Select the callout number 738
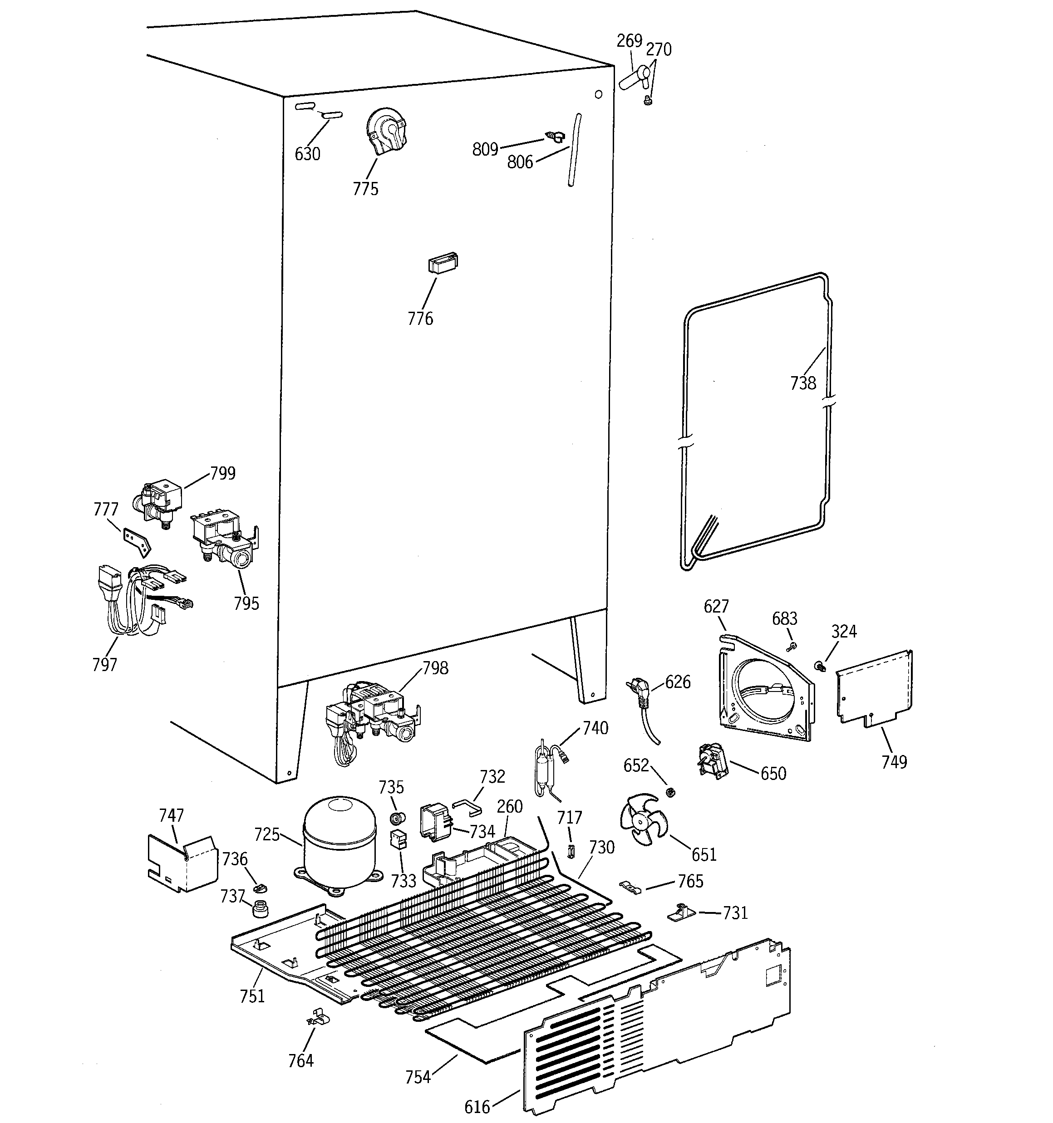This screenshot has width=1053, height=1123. click(802, 383)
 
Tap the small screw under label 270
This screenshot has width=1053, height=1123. click(648, 101)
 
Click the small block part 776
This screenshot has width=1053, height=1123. click(443, 263)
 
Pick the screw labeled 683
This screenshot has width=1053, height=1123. click(791, 646)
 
